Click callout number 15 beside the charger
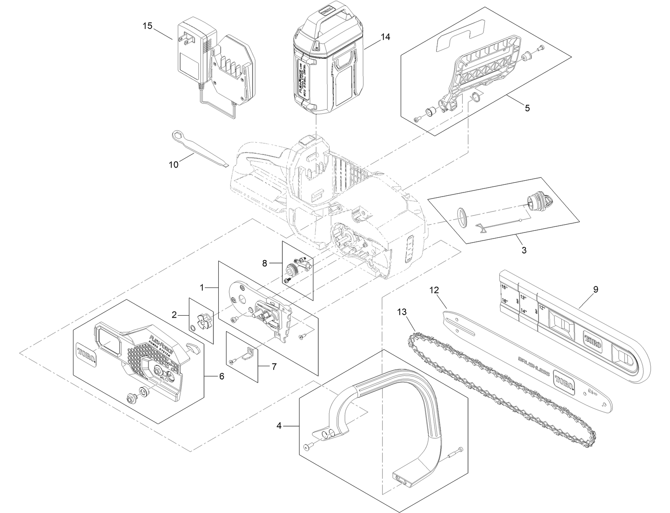tap(147, 26)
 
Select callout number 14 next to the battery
tap(385, 37)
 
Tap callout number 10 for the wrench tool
tap(173, 164)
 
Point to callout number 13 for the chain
tap(402, 312)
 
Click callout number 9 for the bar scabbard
tap(595, 290)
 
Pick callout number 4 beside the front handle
tap(279, 426)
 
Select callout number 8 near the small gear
tap(265, 263)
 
